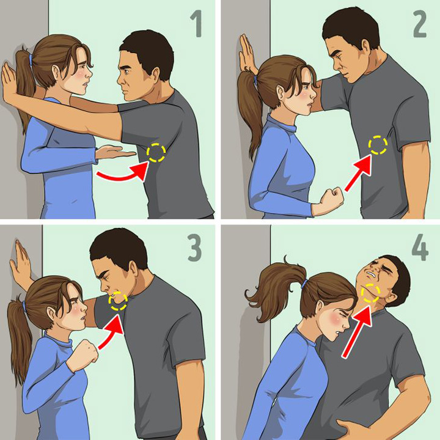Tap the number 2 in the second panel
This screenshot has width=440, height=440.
pos(419,26)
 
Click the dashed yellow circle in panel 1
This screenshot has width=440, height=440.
pos(156,152)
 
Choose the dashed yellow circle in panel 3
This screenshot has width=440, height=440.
pos(117,300)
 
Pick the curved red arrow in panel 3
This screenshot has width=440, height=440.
pos(108,333)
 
